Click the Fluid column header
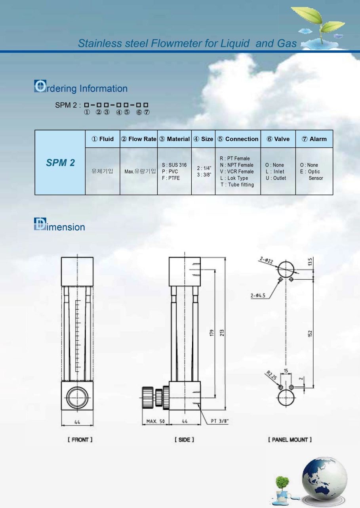[103, 139]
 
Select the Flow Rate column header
[139, 139]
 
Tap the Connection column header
[238, 139]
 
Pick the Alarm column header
[314, 139]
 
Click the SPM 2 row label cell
[60, 162]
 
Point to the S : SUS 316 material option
[174, 165]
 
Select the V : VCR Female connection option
[236, 172]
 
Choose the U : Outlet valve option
[276, 178]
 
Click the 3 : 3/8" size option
[204, 175]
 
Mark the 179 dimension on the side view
[212, 333]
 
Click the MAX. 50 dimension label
[156, 421]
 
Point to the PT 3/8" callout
[220, 421]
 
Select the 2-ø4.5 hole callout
[258, 295]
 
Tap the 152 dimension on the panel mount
[310, 333]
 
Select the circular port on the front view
[77, 397]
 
